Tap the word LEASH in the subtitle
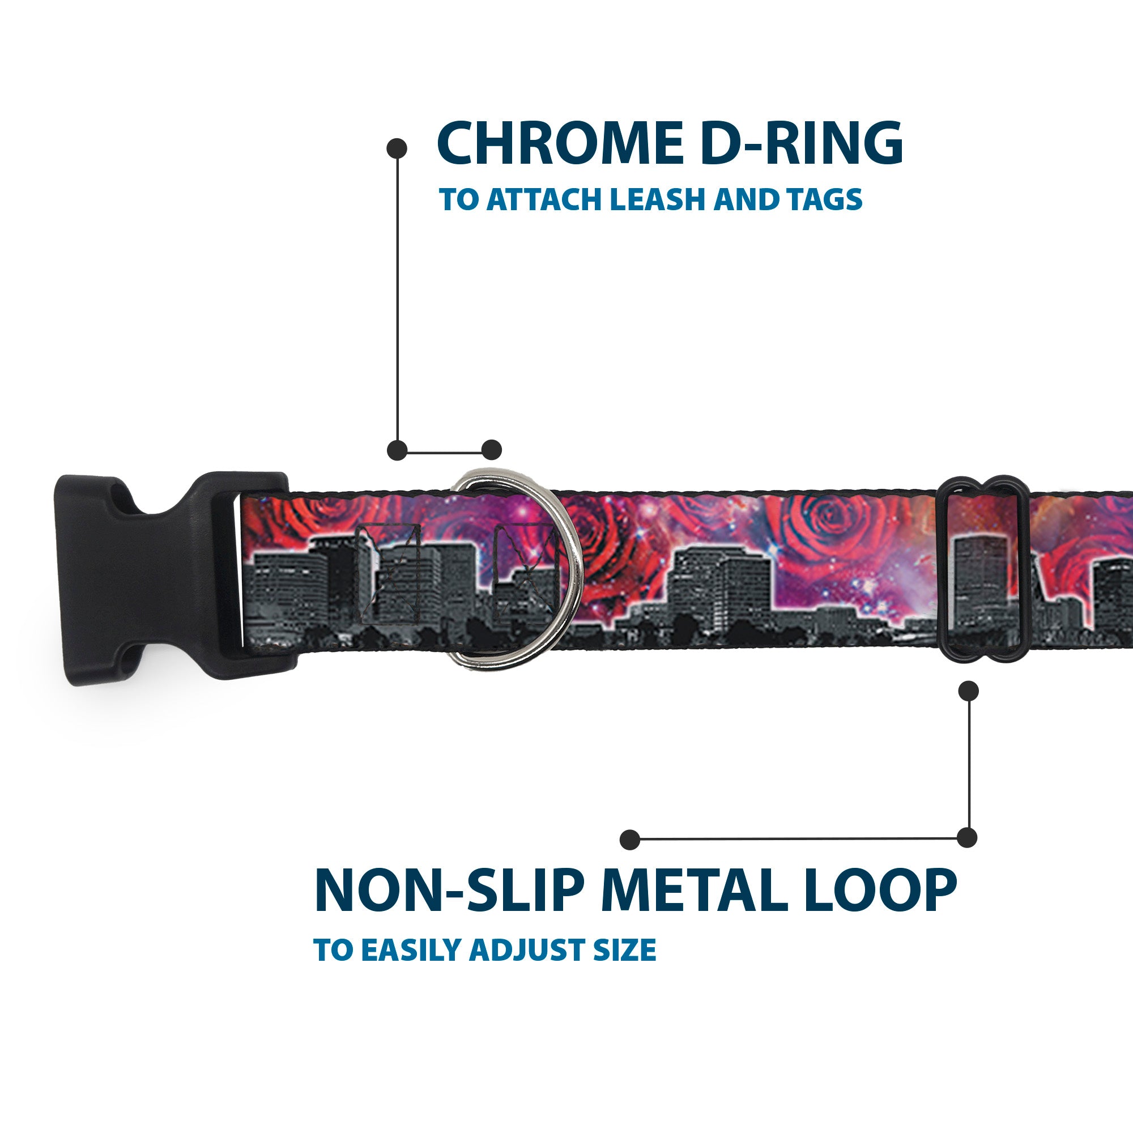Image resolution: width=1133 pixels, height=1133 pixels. [x=658, y=199]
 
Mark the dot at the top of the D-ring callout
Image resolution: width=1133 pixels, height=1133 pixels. [x=397, y=148]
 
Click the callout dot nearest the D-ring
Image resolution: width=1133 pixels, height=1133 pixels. [x=491, y=450]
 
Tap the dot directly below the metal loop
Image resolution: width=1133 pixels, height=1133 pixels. [x=968, y=691]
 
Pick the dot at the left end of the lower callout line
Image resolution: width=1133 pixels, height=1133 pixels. [x=630, y=840]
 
